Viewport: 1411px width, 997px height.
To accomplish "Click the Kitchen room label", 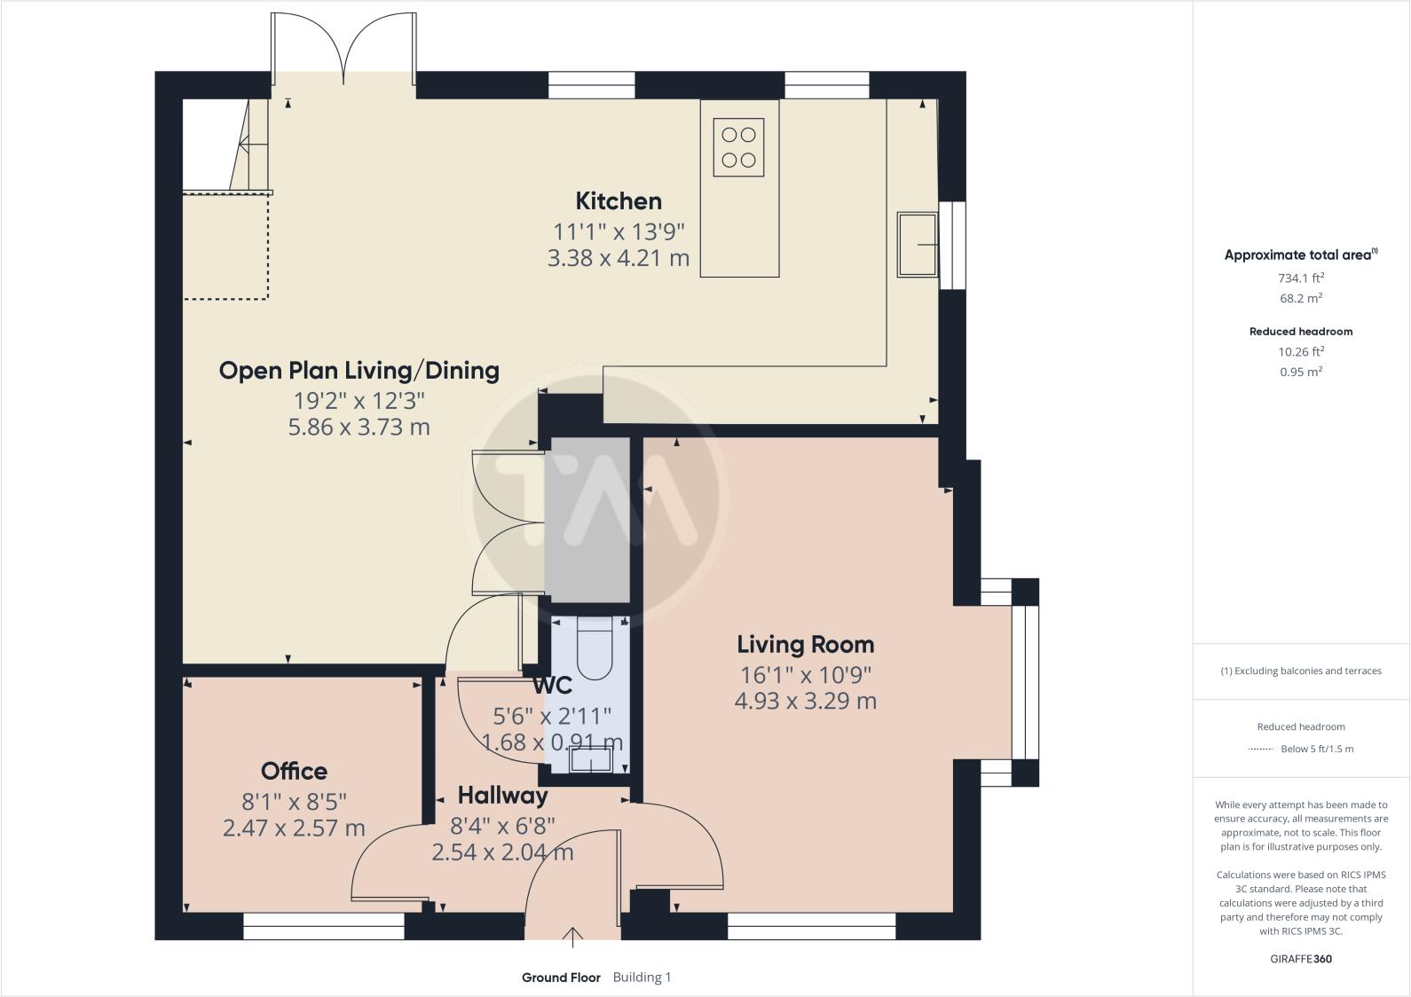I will tap(619, 201).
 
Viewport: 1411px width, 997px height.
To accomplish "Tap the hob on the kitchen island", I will tap(738, 147).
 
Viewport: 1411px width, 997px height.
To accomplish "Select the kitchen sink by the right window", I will tap(917, 244).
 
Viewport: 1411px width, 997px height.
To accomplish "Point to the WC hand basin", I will tap(590, 760).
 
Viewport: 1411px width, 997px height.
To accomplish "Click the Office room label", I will tap(294, 771).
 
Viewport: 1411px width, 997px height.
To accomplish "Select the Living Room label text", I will tap(805, 644).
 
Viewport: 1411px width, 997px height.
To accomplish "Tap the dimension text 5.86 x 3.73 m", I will tap(359, 428).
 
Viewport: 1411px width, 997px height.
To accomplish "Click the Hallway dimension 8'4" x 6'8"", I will tap(502, 826).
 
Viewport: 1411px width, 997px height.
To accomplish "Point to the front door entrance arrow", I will tap(573, 936).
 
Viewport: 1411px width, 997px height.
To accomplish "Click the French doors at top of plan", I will tap(343, 49).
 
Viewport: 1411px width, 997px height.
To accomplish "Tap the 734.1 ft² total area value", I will tap(1300, 278).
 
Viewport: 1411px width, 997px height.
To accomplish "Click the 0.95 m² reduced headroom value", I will tap(1300, 372).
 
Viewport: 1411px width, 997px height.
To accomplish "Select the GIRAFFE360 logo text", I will tap(1300, 959).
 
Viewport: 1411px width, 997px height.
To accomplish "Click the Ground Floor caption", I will tap(560, 977).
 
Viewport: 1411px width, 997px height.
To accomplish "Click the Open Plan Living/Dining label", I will tap(359, 370).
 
